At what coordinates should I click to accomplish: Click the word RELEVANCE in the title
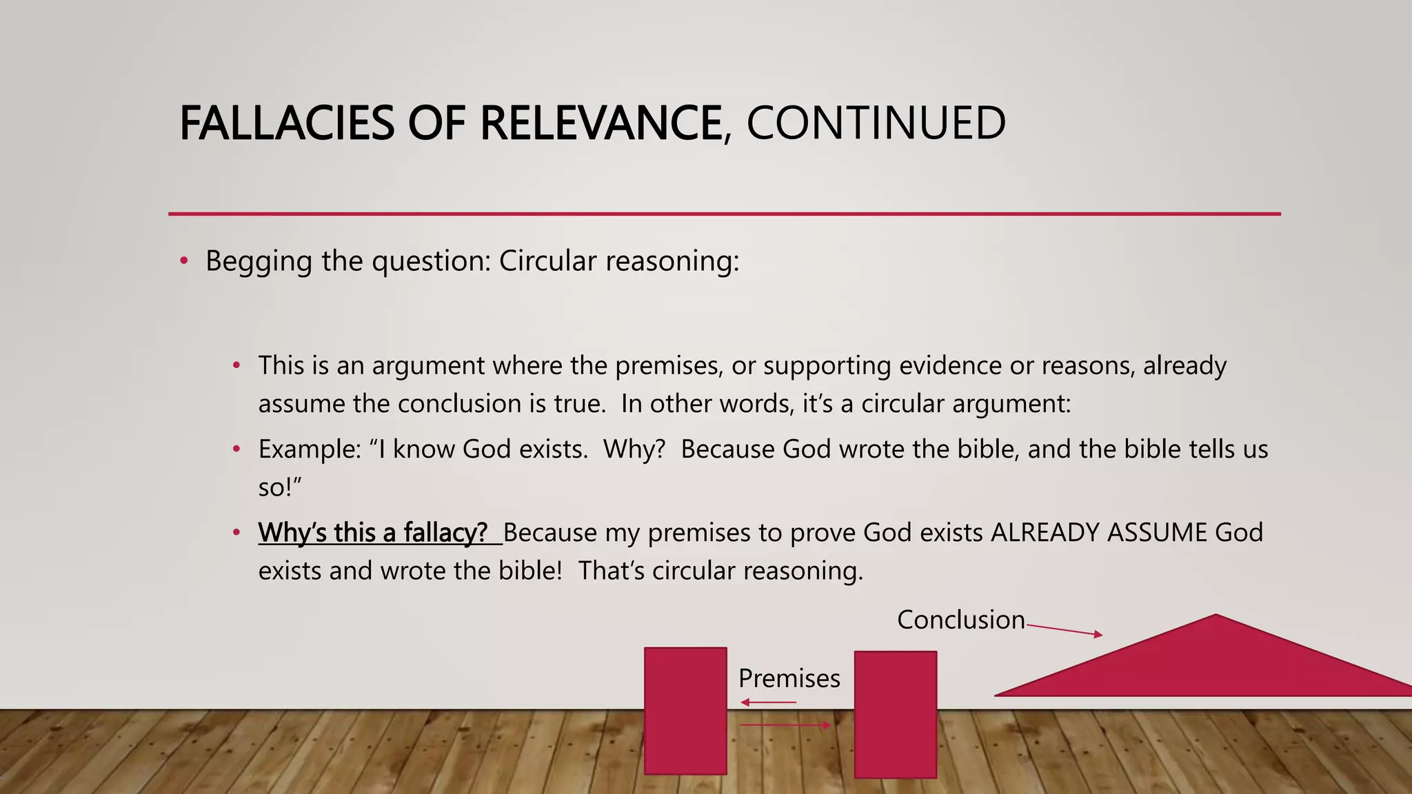point(600,123)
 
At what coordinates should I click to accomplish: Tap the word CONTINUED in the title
point(876,123)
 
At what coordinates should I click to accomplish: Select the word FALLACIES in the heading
point(287,123)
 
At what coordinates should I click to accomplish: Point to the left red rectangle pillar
point(685,711)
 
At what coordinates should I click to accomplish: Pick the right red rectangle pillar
point(895,714)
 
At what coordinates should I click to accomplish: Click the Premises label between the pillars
point(789,679)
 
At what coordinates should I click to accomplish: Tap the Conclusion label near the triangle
point(960,620)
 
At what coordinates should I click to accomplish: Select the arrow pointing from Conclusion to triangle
point(1065,630)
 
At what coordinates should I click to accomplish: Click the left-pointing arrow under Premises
point(768,702)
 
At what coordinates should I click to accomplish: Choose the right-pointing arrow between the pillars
point(785,725)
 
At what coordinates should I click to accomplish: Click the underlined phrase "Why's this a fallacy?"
point(373,533)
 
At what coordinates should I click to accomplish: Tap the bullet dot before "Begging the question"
point(183,261)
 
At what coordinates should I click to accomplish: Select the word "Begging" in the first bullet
point(259,262)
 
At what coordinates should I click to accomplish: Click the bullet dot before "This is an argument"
point(236,365)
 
